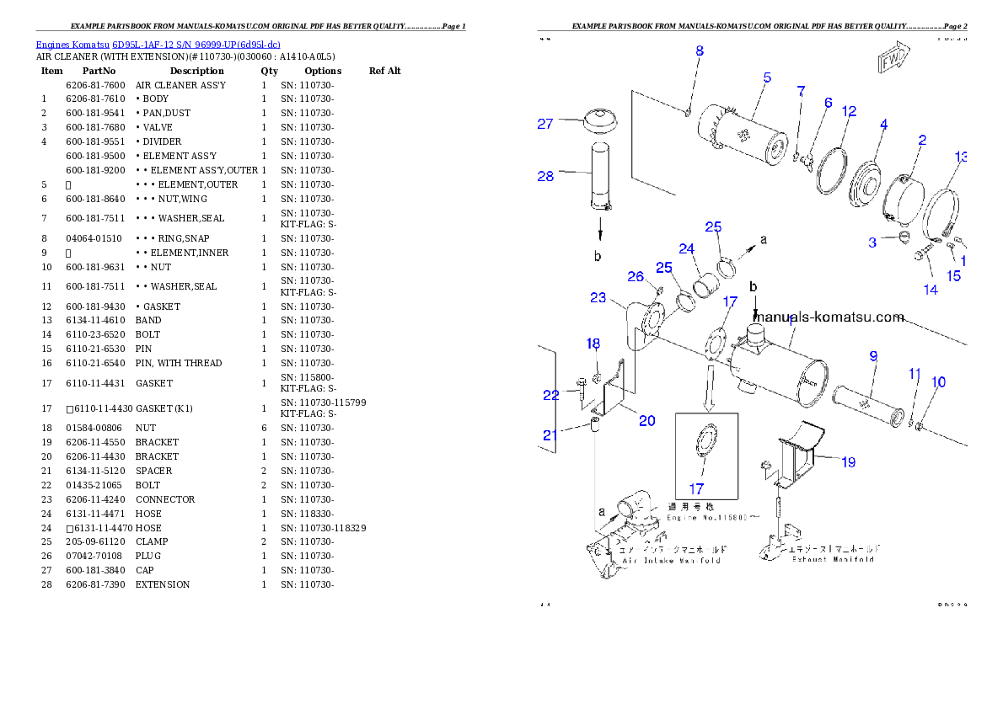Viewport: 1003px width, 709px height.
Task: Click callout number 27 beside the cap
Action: pos(545,124)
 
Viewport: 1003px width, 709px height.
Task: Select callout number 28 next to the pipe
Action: pos(545,176)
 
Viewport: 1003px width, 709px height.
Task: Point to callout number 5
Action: pos(767,77)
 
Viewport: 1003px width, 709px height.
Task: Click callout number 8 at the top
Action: pos(699,51)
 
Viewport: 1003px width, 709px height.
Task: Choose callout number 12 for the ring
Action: pos(849,110)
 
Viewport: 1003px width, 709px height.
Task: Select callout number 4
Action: pos(883,125)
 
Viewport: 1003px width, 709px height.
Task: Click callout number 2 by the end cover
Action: pos(922,140)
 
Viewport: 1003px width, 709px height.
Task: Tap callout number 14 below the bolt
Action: pos(931,290)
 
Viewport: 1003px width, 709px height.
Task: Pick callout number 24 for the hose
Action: pos(687,248)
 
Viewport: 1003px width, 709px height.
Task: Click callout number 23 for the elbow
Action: pos(598,297)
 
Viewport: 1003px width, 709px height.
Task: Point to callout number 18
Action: pos(593,344)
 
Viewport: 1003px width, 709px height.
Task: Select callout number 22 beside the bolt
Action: pos(551,395)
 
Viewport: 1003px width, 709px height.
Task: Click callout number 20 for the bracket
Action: pos(646,421)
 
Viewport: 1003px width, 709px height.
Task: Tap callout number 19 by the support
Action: pos(848,461)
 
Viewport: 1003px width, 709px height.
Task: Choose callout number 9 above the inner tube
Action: pos(874,356)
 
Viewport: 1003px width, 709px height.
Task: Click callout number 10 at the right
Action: pos(938,382)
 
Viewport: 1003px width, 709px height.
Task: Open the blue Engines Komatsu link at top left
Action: pos(158,44)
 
